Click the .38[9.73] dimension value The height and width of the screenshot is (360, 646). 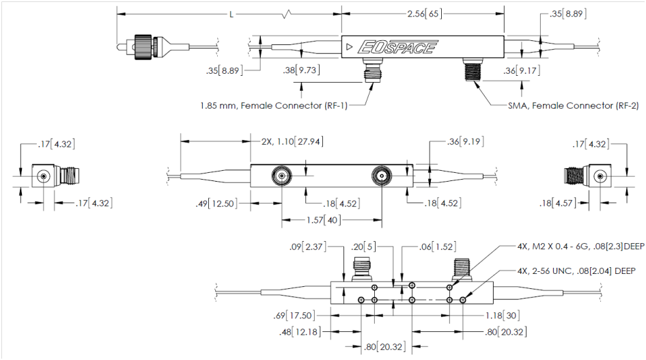pyautogui.click(x=301, y=69)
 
